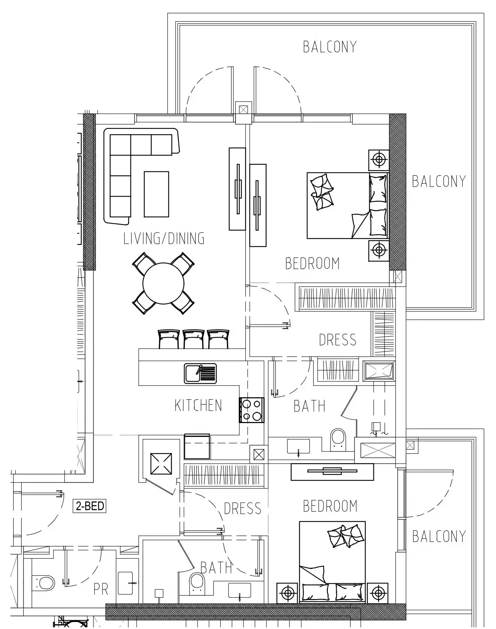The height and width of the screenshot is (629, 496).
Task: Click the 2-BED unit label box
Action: coord(89,506)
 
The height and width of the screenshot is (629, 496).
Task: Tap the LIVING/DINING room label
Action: coord(164,238)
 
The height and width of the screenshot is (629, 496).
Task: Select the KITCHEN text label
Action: coord(198,405)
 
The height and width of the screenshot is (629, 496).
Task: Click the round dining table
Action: coord(163,283)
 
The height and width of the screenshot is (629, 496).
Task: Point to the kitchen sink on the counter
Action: coord(200,374)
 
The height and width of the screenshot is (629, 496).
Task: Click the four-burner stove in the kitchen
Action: coord(251,410)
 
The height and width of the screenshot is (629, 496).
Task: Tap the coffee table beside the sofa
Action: coord(156,194)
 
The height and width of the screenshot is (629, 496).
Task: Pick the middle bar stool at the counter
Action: coord(194,339)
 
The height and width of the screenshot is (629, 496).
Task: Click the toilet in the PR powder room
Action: coord(44,582)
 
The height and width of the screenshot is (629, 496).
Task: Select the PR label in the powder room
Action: coord(101,589)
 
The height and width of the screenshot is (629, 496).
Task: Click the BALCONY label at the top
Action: coord(330,47)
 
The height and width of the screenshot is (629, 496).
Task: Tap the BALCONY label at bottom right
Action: coord(439,536)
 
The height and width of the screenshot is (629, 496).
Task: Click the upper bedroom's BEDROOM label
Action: coord(312,263)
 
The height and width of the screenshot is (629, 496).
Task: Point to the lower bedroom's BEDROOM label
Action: coord(330,506)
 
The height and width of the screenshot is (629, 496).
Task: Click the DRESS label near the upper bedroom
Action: coord(338,340)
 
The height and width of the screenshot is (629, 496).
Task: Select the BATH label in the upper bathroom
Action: coord(309,406)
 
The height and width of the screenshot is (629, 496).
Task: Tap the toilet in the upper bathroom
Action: coord(338,439)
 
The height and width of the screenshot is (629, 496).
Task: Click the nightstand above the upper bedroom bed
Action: coord(379,160)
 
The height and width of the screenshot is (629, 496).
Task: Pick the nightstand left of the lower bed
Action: coord(288,592)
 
